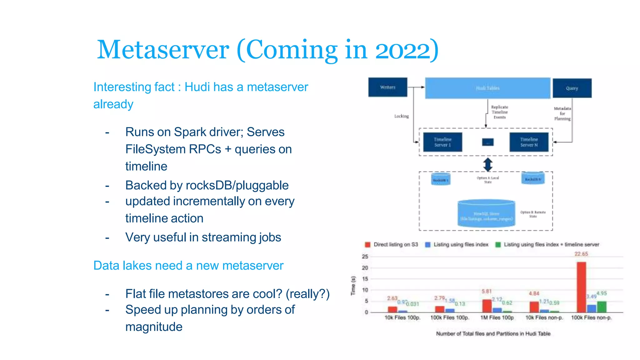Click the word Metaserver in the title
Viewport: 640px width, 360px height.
163,50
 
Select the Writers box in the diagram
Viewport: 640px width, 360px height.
387,87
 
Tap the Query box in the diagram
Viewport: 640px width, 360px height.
572,88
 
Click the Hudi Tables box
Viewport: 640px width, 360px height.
487,88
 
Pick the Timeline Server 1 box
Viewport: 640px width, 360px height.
442,142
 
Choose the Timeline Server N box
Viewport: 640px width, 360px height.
529,142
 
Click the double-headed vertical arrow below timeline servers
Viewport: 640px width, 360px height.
488,164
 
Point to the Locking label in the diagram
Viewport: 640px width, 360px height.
401,116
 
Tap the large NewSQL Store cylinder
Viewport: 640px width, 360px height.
486,214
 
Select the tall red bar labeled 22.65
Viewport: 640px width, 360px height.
581,287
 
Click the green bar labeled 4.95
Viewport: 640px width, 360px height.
602,307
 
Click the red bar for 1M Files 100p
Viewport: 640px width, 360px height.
487,306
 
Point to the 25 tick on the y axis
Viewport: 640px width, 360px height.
365,257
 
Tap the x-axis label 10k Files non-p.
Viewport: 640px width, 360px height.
544,317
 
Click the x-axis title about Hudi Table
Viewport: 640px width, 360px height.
493,334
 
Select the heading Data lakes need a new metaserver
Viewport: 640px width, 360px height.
188,266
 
